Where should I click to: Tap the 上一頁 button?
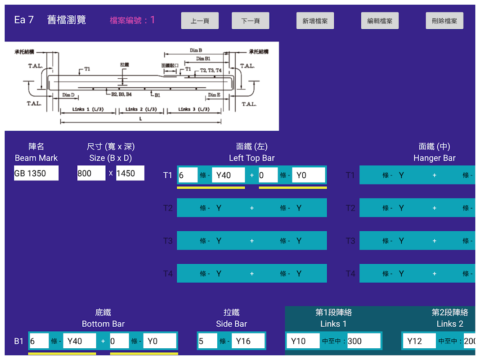pos(200,21)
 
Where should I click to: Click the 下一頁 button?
pos(251,21)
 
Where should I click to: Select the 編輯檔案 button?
pos(380,21)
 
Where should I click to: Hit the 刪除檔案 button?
pos(444,21)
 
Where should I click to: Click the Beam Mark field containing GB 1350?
pos(36,173)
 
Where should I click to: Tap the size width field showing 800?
pos(91,173)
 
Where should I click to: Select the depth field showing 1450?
pos(130,173)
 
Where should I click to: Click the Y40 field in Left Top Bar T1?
pos(228,175)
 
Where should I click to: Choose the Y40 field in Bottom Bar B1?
pos(79,341)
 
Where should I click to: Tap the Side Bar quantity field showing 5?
pos(207,341)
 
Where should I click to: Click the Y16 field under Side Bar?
pos(248,341)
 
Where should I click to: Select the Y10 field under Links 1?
pos(302,341)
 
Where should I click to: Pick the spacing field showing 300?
pos(363,341)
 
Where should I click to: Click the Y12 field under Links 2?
pos(419,341)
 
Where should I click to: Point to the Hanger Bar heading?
pos(434,158)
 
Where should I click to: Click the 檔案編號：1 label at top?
pos(132,20)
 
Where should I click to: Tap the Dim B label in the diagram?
pos(196,50)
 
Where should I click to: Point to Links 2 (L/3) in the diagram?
pos(141,109)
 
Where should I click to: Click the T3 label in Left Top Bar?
pos(168,241)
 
